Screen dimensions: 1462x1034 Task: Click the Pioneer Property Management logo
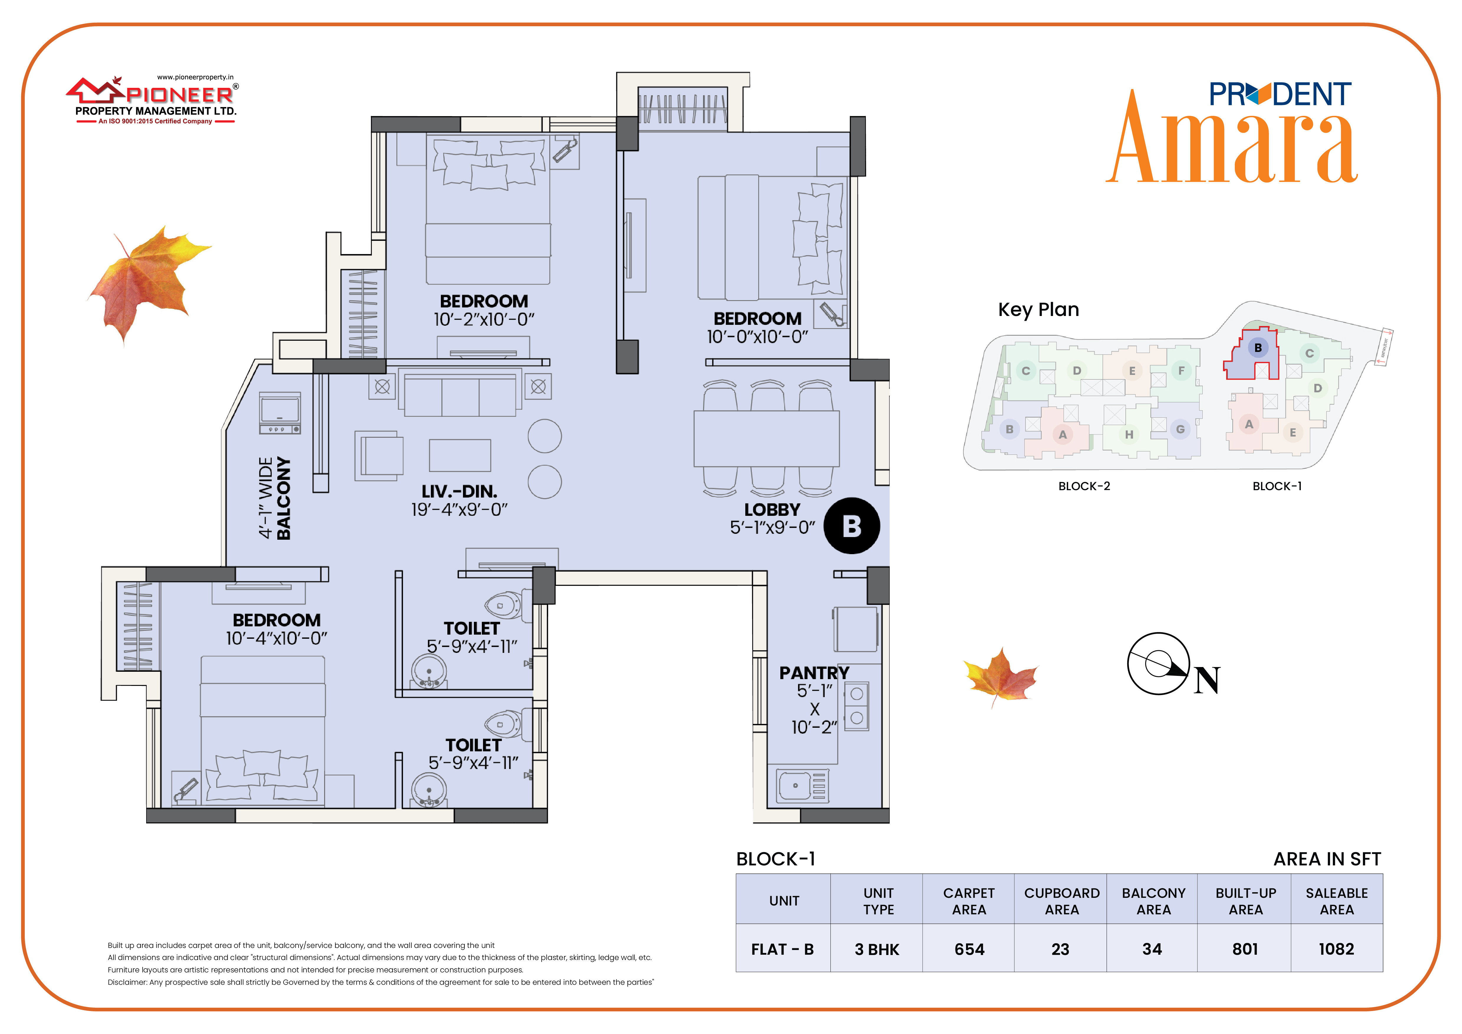click(153, 100)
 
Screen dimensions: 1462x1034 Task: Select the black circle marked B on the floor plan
click(852, 526)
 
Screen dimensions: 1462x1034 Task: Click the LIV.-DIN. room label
click(459, 492)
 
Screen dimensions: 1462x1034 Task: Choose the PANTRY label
click(815, 673)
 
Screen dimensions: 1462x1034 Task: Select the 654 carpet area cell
click(969, 949)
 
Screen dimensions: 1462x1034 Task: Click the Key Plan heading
click(1039, 309)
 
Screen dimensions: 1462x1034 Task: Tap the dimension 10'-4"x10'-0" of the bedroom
click(276, 638)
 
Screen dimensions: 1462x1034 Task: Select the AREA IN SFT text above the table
click(1327, 859)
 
